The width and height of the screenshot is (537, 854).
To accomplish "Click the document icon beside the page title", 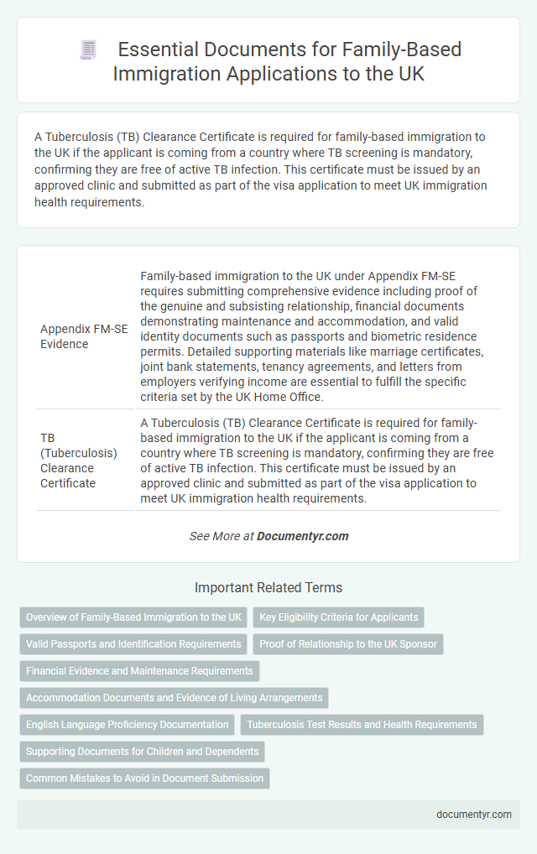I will pyautogui.click(x=88, y=49).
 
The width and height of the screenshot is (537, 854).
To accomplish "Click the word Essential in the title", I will pyautogui.click(x=151, y=49).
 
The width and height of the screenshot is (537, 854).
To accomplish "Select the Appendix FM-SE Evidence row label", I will pyautogui.click(x=84, y=336).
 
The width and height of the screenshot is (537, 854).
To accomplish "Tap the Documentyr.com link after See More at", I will pyautogui.click(x=302, y=536).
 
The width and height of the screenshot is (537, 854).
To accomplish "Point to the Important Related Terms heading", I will pyautogui.click(x=268, y=588).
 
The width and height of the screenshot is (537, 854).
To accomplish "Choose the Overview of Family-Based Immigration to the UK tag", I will pyautogui.click(x=133, y=617).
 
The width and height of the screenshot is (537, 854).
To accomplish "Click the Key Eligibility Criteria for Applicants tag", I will pyautogui.click(x=338, y=617).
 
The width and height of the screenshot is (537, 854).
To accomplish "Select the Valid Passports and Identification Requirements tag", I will pyautogui.click(x=133, y=644).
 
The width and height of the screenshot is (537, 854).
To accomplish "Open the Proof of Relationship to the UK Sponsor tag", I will pyautogui.click(x=348, y=644).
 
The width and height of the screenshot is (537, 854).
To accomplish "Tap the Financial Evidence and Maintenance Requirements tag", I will pyautogui.click(x=139, y=671).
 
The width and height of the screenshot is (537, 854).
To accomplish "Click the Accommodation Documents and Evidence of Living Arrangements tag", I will pyautogui.click(x=174, y=698).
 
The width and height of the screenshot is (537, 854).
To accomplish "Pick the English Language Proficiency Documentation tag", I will pyautogui.click(x=127, y=725).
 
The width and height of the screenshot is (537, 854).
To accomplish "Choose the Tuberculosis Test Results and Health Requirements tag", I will pyautogui.click(x=362, y=725).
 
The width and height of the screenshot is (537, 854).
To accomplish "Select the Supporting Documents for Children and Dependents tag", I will pyautogui.click(x=142, y=752).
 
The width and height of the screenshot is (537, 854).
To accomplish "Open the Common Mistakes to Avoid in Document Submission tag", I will pyautogui.click(x=144, y=778).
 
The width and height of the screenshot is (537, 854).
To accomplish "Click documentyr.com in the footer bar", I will pyautogui.click(x=473, y=814).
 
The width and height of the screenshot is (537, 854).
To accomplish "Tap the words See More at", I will pyautogui.click(x=221, y=536).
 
